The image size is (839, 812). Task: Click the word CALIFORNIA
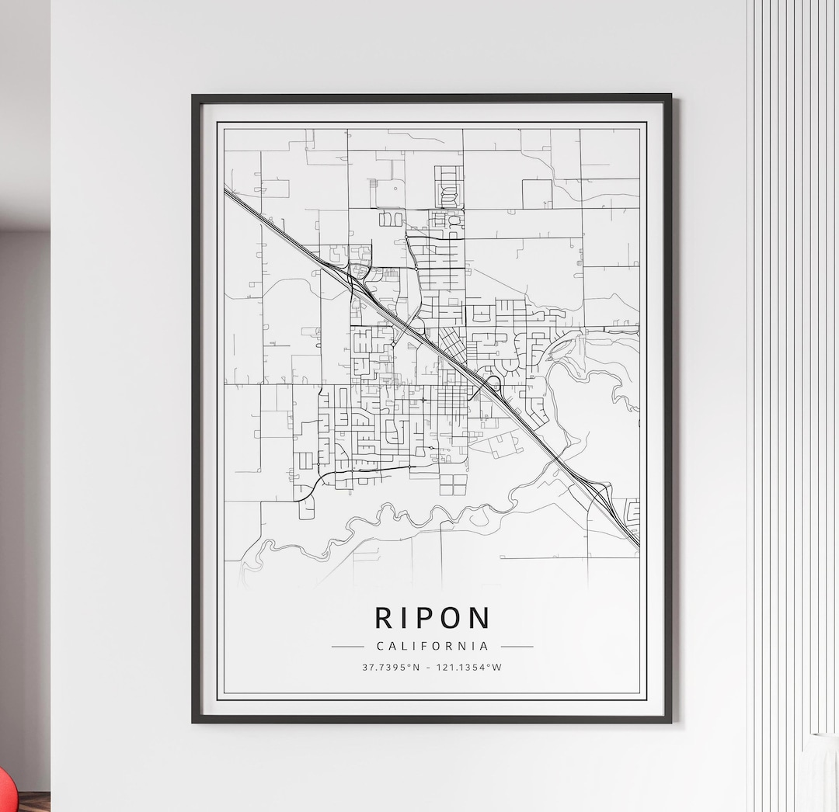coord(432,646)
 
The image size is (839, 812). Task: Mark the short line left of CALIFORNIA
coord(347,646)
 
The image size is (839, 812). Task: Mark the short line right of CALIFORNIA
coord(517,646)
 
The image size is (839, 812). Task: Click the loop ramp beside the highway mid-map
coord(491,383)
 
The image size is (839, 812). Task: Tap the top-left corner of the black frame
coord(194,97)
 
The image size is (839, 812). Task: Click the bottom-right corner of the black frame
coord(670,720)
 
